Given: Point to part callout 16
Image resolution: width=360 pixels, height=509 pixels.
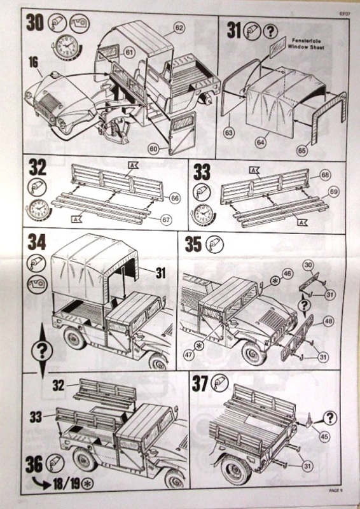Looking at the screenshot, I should [34, 62].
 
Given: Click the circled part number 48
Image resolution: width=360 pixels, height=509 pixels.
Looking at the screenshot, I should [326, 321].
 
